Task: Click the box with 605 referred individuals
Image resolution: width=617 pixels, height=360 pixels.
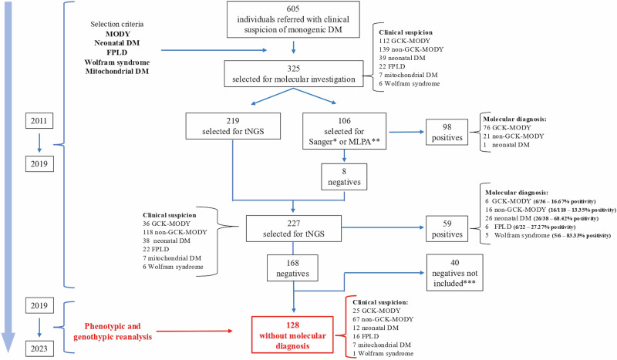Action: pos(293,19)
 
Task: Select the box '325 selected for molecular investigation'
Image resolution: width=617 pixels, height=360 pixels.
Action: pos(294,73)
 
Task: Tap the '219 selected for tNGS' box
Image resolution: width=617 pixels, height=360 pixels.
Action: pos(233,126)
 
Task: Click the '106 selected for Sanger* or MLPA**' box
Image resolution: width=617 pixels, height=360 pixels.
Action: pos(344,131)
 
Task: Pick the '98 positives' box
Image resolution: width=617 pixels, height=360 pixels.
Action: pos(447,132)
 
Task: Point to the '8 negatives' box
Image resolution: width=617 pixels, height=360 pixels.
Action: pos(344,177)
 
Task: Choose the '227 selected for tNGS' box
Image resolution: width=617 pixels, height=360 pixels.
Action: pos(294,228)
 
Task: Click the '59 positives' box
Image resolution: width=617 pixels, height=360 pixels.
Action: pos(447,229)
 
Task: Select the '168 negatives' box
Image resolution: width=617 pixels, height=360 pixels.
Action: pos(293,268)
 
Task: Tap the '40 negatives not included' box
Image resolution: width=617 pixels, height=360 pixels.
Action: pos(455,273)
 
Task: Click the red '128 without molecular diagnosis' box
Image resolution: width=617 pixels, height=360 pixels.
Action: pos(292,335)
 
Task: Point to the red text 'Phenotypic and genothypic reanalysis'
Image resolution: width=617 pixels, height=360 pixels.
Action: pos(113,331)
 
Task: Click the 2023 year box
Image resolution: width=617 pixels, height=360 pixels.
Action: pos(39,348)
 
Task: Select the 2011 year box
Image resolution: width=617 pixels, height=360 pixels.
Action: pos(39,121)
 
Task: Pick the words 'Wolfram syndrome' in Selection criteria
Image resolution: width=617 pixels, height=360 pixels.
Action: pos(117,62)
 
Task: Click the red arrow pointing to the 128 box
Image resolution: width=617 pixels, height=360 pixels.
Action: pos(194,331)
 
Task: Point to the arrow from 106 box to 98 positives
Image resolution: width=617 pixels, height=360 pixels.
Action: pos(407,132)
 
